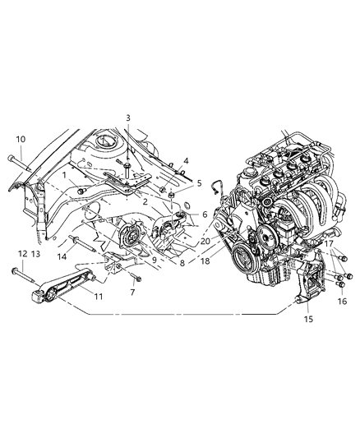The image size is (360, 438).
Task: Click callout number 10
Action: [21, 139]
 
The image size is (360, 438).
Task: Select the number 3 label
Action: [127, 118]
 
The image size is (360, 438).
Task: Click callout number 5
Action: [199, 183]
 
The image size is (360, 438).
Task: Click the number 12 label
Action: [22, 253]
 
